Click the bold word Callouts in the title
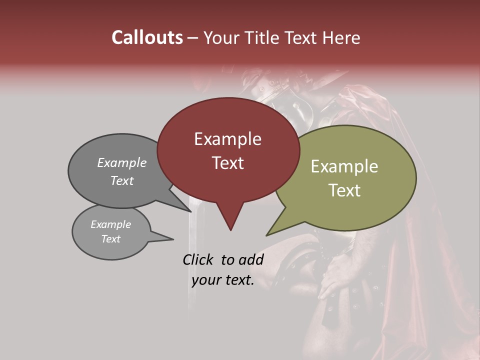coord(147,37)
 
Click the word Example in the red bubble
coord(227,139)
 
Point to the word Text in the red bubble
coord(227,163)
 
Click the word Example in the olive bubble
coord(344,166)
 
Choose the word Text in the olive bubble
coord(344,190)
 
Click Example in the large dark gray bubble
coord(122,163)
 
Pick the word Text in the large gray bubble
coord(122,181)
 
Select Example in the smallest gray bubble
coord(110,224)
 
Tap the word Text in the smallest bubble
coord(110,239)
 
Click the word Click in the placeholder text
coord(199,259)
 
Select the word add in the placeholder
coord(251,259)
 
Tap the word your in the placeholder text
coord(206,280)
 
